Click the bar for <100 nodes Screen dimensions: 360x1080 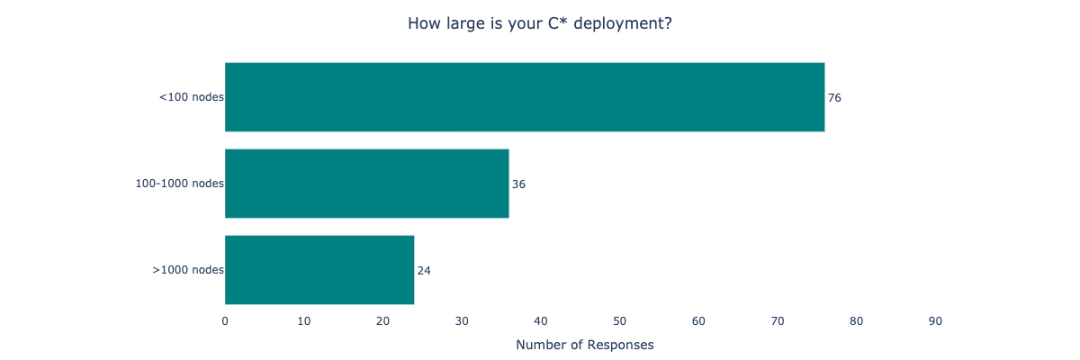point(525,97)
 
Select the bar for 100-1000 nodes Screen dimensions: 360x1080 point(366,184)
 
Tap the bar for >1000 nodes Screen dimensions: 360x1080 point(319,270)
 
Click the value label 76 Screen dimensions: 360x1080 point(834,97)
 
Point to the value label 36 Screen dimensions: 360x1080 point(518,184)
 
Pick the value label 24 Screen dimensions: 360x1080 point(424,270)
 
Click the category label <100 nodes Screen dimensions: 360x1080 point(191,97)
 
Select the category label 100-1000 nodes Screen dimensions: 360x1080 point(179,184)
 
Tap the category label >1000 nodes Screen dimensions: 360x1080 point(187,270)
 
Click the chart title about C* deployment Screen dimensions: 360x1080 point(540,23)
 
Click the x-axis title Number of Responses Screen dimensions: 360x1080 point(585,345)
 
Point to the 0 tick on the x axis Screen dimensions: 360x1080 point(225,321)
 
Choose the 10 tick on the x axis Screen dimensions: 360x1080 point(304,321)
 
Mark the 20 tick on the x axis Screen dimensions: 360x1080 point(382,321)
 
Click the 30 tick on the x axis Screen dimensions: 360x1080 point(462,321)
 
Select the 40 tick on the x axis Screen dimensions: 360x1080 point(541,321)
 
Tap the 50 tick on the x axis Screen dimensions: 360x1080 point(620,321)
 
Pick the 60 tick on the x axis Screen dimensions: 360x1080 point(698,321)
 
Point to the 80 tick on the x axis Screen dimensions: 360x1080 point(857,321)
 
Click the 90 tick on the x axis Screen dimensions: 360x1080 point(935,321)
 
